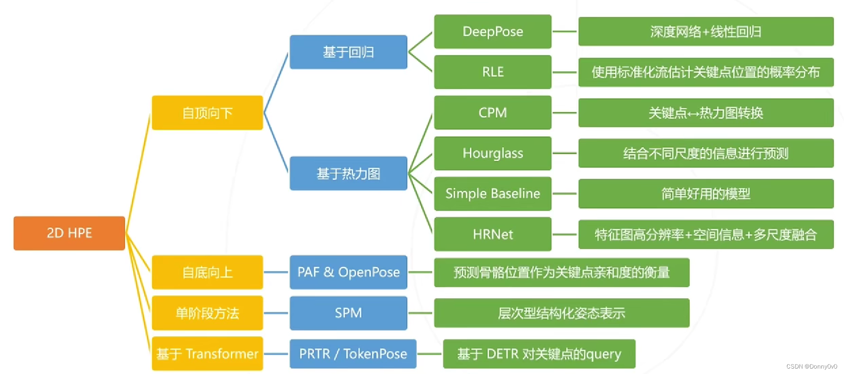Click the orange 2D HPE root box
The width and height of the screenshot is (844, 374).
click(x=69, y=233)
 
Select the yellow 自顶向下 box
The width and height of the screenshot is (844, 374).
click(x=207, y=113)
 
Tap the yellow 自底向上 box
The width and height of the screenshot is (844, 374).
click(x=207, y=272)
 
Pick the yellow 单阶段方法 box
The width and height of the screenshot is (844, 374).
click(x=207, y=313)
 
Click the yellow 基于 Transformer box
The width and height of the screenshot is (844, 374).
click(x=207, y=354)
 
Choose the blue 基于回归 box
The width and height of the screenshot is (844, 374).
click(x=348, y=52)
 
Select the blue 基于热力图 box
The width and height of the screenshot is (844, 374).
click(x=348, y=173)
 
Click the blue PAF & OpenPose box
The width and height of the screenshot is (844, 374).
click(x=348, y=272)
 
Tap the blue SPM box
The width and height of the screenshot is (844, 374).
click(x=348, y=313)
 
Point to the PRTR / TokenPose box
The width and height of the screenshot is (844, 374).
click(x=353, y=354)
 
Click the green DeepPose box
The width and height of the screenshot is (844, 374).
click(x=492, y=32)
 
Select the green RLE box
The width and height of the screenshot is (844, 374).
click(x=492, y=72)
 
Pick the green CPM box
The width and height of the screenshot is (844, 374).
click(x=492, y=112)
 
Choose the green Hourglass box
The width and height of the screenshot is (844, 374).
click(x=492, y=153)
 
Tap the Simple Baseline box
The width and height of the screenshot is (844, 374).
click(x=492, y=194)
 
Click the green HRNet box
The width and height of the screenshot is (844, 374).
click(x=492, y=234)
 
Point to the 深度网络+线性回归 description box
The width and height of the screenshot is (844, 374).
click(x=706, y=32)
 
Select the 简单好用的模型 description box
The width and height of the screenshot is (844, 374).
click(x=706, y=194)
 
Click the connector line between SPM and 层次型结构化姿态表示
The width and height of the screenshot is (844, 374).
click(x=420, y=313)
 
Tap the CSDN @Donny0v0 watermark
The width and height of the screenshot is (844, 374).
click(x=811, y=366)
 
